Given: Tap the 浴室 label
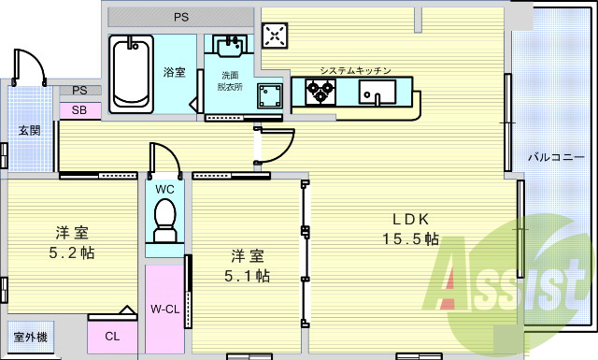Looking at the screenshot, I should tap(175, 72).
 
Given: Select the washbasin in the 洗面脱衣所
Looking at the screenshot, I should tap(229, 47).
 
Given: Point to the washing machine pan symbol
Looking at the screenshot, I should tap(272, 96).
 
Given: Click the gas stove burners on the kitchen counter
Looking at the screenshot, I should tap(320, 92).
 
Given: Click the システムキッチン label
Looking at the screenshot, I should tap(355, 71).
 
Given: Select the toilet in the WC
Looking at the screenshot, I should tap(164, 222).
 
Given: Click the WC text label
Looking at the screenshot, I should tap(164, 189).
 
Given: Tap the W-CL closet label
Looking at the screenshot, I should tap(164, 309).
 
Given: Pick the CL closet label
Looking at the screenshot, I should tap(111, 337).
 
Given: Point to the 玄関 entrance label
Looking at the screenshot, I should tap(29, 130).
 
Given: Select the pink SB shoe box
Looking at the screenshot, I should tap(79, 109).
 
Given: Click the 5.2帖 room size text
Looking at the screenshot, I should tap(73, 252).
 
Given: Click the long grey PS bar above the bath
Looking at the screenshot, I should tap(179, 17).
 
